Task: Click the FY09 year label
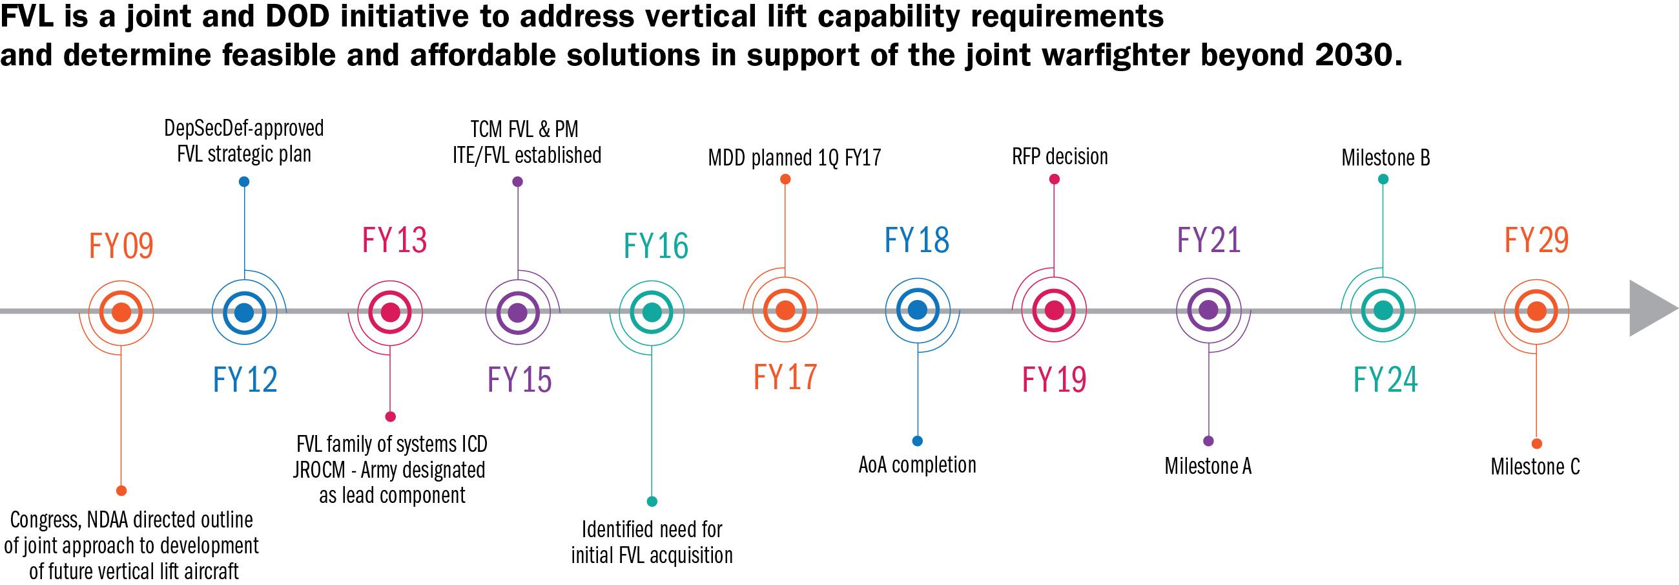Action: point(121,246)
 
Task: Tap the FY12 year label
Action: point(245,379)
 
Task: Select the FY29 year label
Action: point(1536,240)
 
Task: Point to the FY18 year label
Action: point(916,240)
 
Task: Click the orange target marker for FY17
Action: point(785,310)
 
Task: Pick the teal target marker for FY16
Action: point(652,312)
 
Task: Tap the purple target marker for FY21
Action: point(1208,310)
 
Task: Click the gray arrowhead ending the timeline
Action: point(1651,308)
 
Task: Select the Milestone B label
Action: point(1385,158)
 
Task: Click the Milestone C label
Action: point(1535,467)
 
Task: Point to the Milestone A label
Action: point(1208,466)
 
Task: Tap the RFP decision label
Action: point(1060,156)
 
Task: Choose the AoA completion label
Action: point(917,465)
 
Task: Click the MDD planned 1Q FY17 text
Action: point(794,158)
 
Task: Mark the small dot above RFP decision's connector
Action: point(1055,179)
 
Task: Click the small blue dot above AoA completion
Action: point(917,441)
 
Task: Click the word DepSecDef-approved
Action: point(243,128)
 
